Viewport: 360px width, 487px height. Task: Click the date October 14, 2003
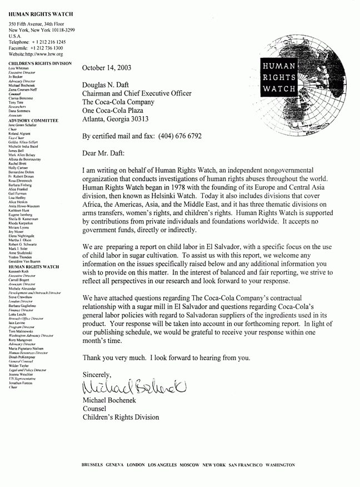[107, 68]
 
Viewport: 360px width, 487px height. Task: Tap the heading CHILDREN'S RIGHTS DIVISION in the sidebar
[41, 63]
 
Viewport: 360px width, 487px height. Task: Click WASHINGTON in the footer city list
[280, 463]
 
